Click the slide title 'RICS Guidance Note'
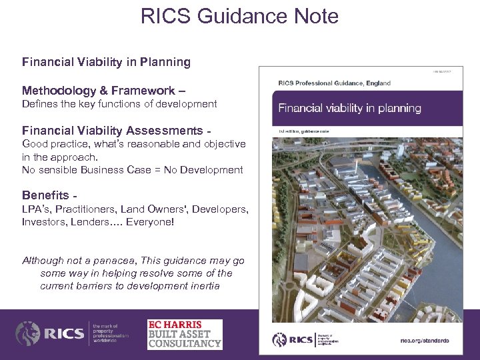[x=239, y=16]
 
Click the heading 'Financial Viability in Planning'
[x=106, y=62]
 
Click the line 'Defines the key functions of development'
[x=119, y=104]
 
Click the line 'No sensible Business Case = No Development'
[x=132, y=170]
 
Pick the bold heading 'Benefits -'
[x=49, y=195]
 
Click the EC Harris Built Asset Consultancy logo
[x=185, y=334]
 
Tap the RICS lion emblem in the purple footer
[x=28, y=334]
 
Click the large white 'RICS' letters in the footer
[x=65, y=334]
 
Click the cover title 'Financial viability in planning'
[x=349, y=108]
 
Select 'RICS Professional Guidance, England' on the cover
[x=334, y=83]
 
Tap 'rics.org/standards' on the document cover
[x=424, y=341]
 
